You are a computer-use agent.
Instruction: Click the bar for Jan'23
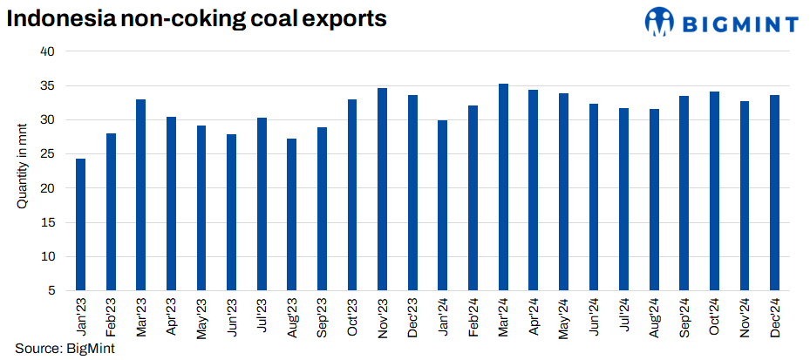pos(81,224)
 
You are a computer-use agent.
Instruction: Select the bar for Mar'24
pos(503,187)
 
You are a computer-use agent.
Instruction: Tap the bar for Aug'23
pos(292,214)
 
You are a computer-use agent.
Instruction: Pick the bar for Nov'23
pos(383,189)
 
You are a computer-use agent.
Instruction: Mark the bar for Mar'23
pos(141,194)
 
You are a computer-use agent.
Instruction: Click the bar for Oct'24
pos(714,191)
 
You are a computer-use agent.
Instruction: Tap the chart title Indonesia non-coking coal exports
pos(196,17)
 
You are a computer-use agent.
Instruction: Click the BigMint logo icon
pos(659,22)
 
